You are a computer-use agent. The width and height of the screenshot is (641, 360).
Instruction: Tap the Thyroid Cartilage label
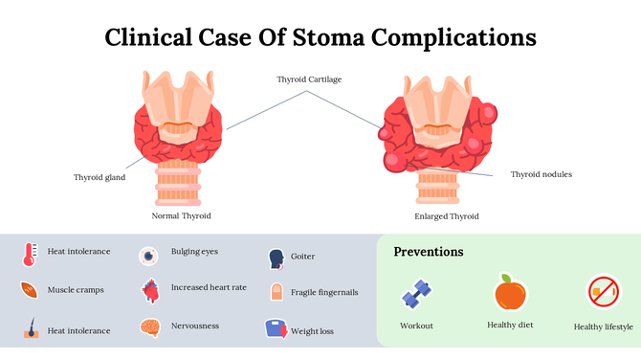[309, 79]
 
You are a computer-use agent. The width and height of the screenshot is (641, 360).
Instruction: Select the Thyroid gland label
[99, 177]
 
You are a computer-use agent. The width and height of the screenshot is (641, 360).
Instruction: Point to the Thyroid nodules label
[542, 174]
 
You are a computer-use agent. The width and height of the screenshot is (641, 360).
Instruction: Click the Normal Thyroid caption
[182, 215]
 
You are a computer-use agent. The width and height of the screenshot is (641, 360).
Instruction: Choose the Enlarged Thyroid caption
[447, 216]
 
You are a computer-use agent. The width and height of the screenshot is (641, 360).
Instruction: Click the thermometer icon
[30, 254]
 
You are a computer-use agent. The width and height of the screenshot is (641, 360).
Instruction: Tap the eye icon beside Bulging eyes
[148, 256]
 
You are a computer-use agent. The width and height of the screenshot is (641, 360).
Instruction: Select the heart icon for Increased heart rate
[149, 289]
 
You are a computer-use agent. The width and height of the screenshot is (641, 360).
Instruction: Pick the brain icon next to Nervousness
[149, 327]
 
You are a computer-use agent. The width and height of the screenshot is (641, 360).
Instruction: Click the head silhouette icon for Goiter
[276, 258]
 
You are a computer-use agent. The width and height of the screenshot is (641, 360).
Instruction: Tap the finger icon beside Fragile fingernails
[276, 293]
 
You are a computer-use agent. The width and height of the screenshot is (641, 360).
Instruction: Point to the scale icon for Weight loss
[276, 329]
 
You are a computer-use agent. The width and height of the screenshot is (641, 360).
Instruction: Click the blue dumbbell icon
[416, 293]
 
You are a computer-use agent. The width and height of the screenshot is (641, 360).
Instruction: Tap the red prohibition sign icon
[603, 292]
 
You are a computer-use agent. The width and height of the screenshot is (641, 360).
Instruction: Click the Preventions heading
[429, 252]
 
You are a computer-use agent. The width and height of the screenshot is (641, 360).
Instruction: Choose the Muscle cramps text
[76, 288]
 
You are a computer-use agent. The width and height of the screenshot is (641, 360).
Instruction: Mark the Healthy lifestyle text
[603, 326]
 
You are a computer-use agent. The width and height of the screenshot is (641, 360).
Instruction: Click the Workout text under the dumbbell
[416, 326]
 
